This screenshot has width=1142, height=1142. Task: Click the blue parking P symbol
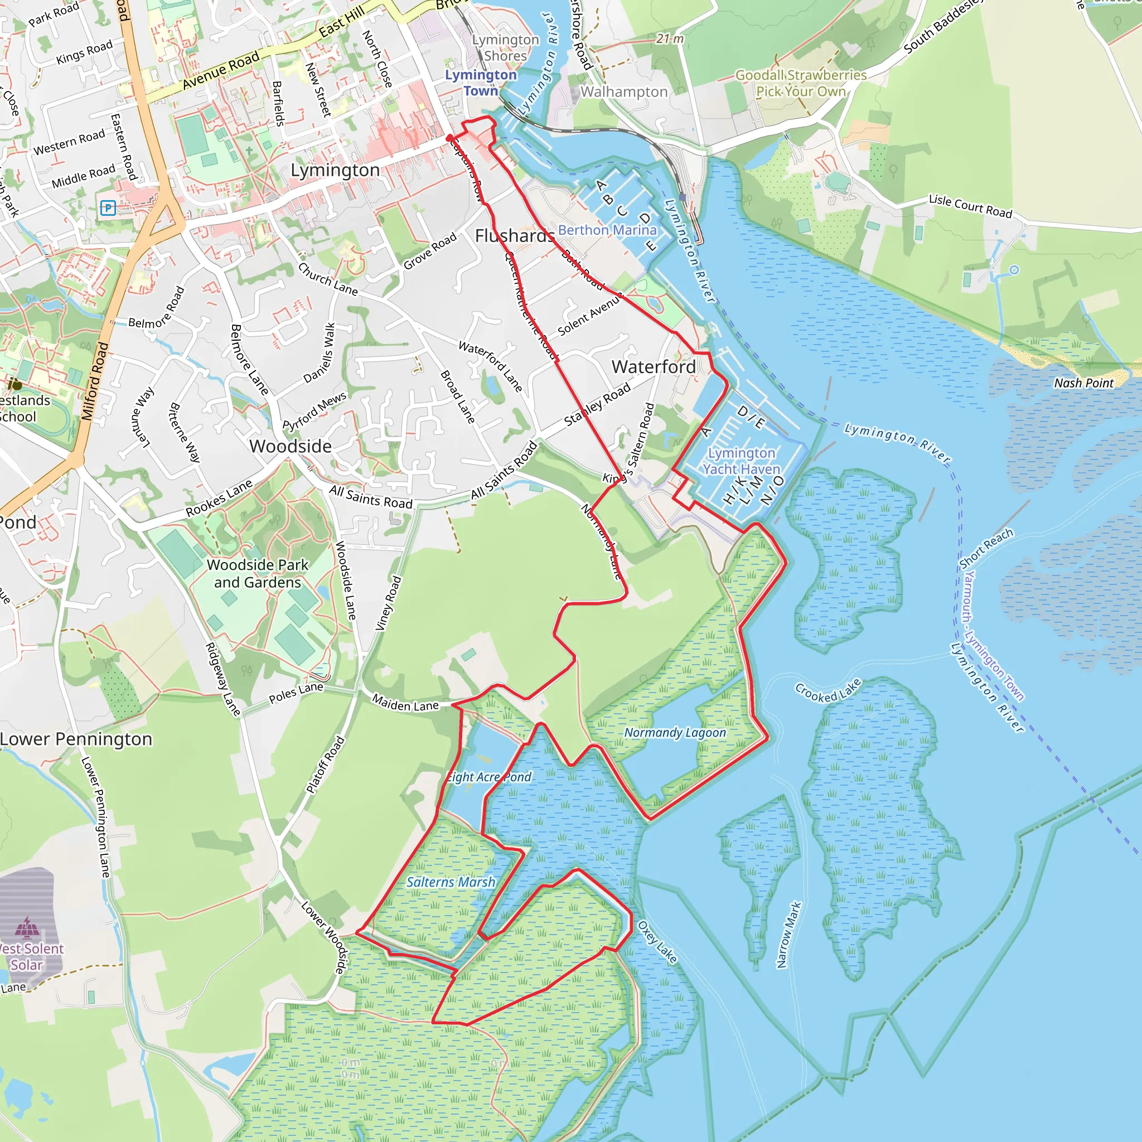pos(108,208)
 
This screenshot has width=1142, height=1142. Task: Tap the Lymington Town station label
pos(481,83)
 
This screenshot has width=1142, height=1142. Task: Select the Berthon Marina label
pos(607,230)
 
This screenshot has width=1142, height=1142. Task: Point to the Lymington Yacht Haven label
pos(741,461)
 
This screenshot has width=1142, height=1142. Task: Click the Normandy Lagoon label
pos(675,732)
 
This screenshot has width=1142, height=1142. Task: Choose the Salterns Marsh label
pos(451,882)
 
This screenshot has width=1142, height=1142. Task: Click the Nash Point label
pos(1083,383)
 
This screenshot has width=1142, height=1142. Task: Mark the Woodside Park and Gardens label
pos(257,573)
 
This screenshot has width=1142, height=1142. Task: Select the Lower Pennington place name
pos(76,739)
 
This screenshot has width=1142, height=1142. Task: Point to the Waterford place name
pos(653,366)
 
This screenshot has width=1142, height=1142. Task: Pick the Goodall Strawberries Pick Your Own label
pos(800,83)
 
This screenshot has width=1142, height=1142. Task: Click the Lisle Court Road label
pos(970,206)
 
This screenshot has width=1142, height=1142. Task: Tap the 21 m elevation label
pos(670,39)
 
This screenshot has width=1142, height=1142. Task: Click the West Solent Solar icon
pos(27,927)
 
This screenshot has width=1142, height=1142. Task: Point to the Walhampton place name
pos(623,91)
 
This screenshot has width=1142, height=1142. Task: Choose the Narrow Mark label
pos(788,935)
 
